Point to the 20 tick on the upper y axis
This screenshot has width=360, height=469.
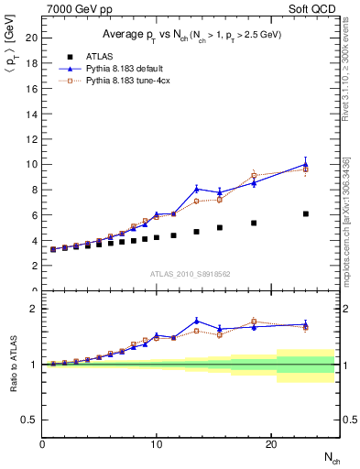coord(33,38)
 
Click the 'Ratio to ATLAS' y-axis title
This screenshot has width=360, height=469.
coord(13,364)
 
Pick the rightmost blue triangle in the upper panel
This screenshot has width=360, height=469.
coord(305,165)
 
